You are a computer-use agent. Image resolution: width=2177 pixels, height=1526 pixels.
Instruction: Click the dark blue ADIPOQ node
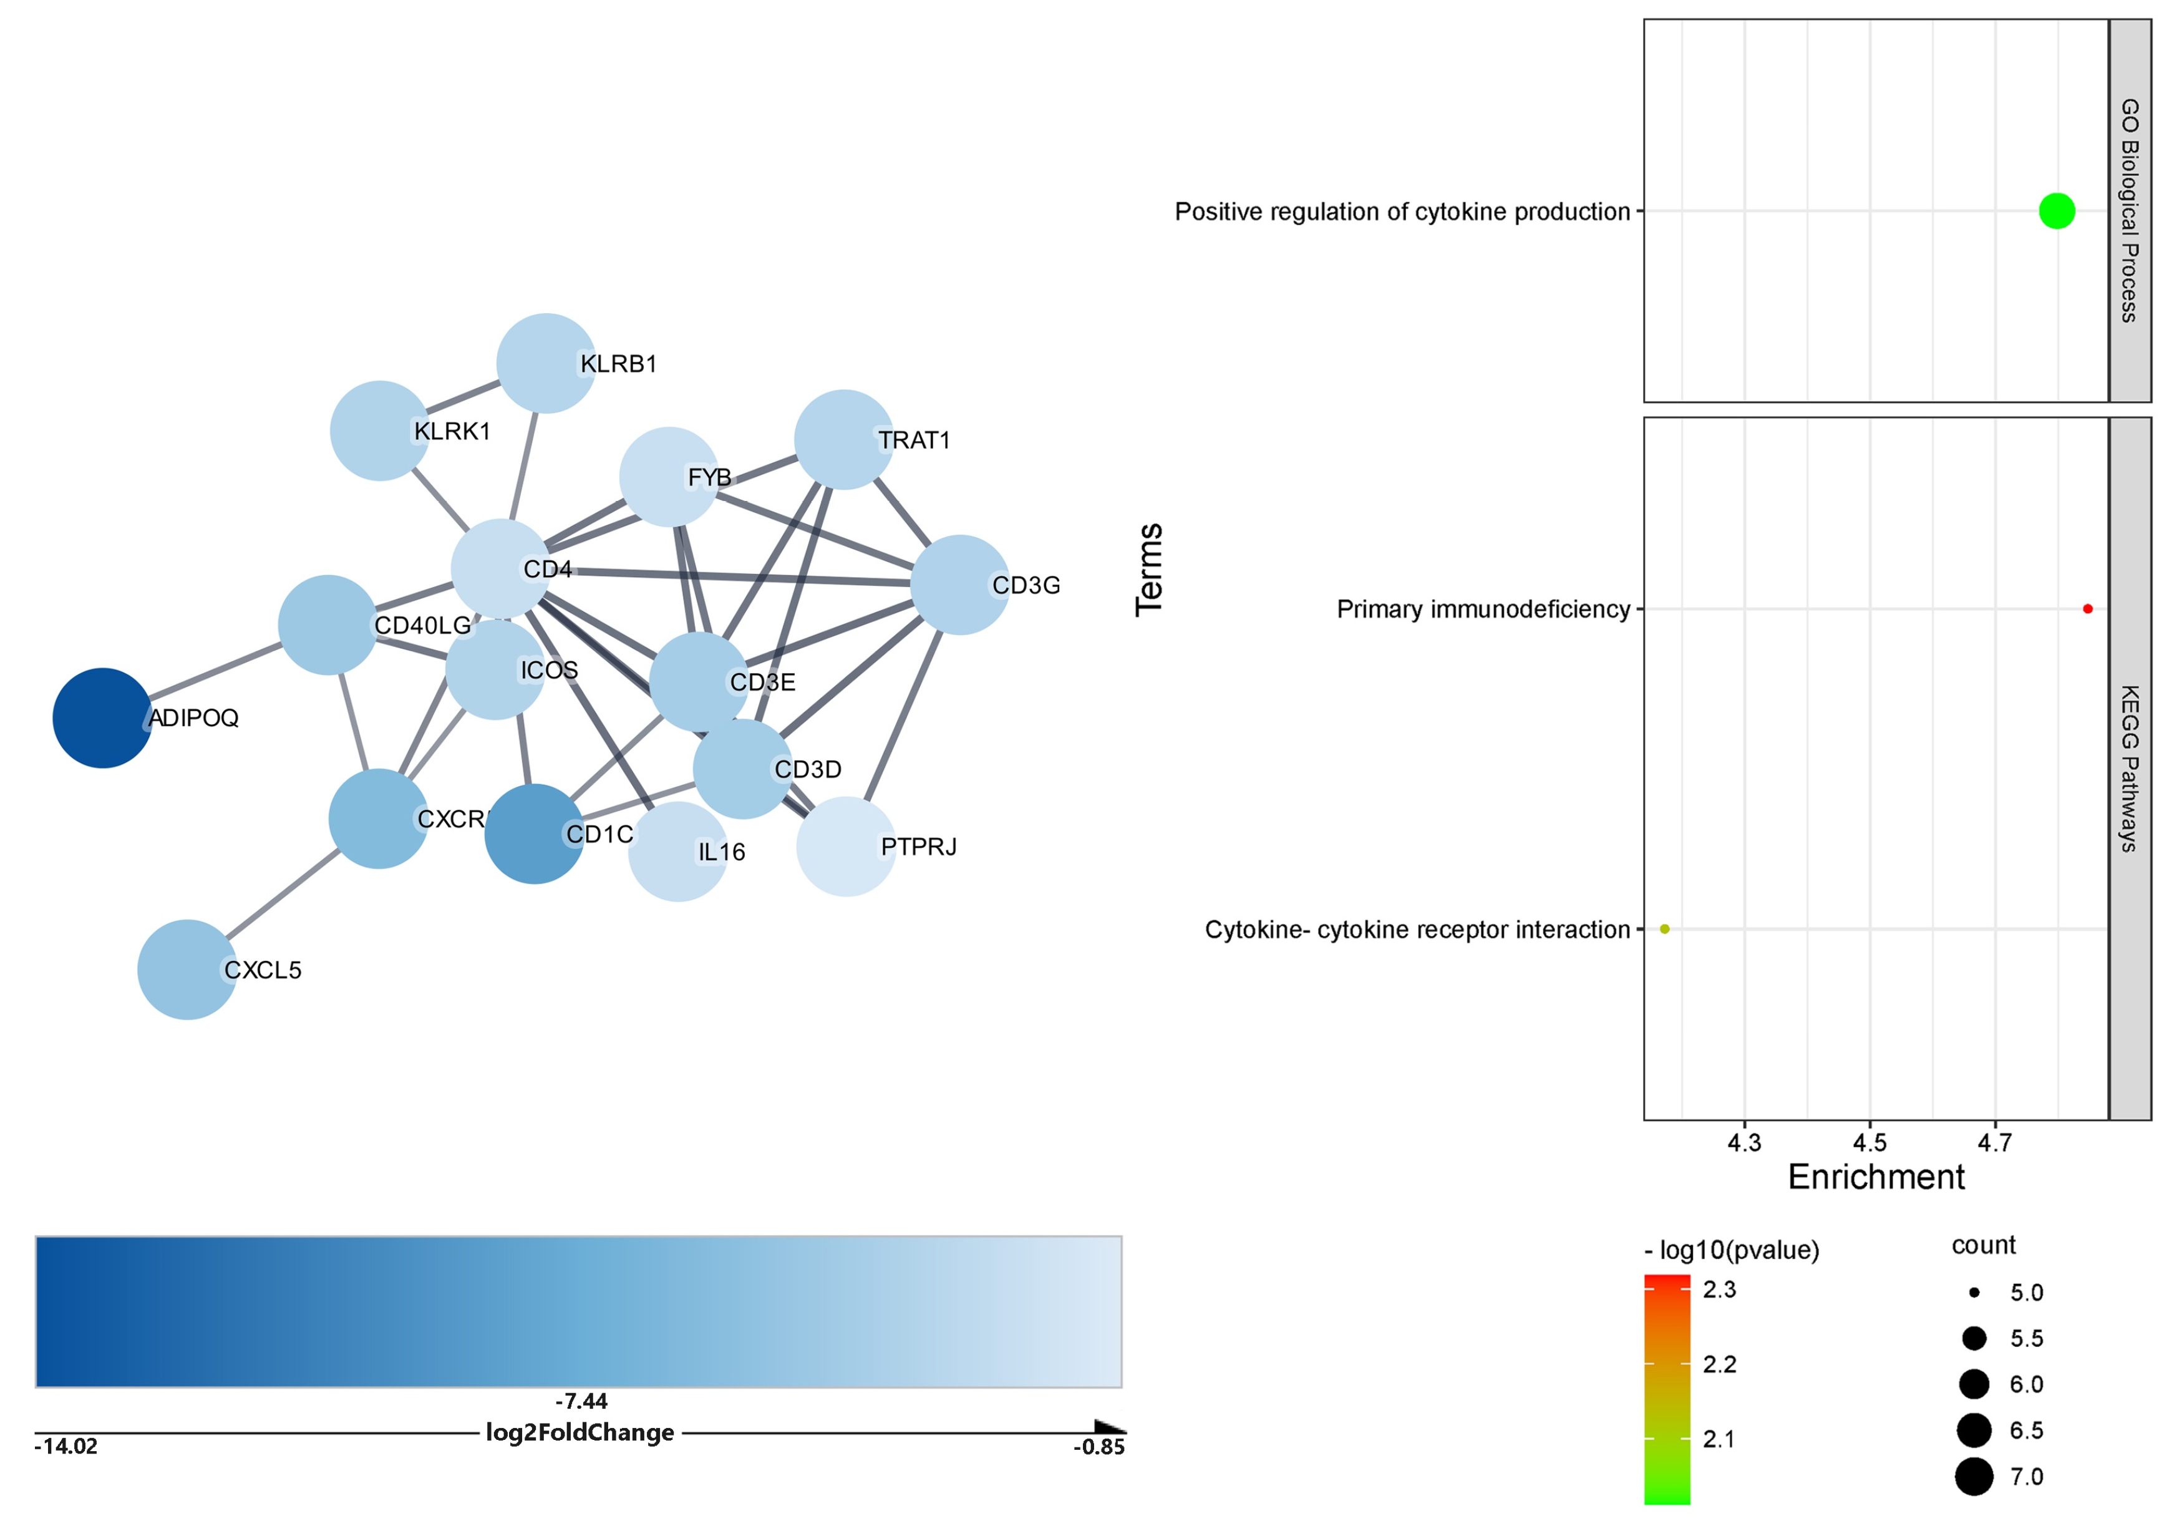click(102, 718)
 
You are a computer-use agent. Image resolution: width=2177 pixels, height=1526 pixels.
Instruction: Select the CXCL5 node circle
click(187, 970)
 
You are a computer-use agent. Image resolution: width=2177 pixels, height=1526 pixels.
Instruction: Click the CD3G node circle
click(959, 584)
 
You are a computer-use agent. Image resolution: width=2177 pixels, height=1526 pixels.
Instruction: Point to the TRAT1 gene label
click(914, 440)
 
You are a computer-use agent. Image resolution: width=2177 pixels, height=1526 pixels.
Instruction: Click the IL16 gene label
click(722, 852)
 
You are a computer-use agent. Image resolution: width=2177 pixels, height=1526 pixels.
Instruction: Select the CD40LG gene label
click(423, 625)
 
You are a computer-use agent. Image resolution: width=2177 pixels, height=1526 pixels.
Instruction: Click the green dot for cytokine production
click(2057, 210)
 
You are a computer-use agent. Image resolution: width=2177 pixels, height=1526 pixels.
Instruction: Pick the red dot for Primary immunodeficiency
click(2088, 609)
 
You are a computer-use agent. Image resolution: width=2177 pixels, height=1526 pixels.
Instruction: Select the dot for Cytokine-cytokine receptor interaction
click(1665, 928)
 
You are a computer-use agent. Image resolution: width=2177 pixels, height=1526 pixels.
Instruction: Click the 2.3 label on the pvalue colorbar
click(1719, 1290)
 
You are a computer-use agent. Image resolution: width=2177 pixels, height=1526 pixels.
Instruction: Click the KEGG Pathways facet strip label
click(2130, 768)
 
